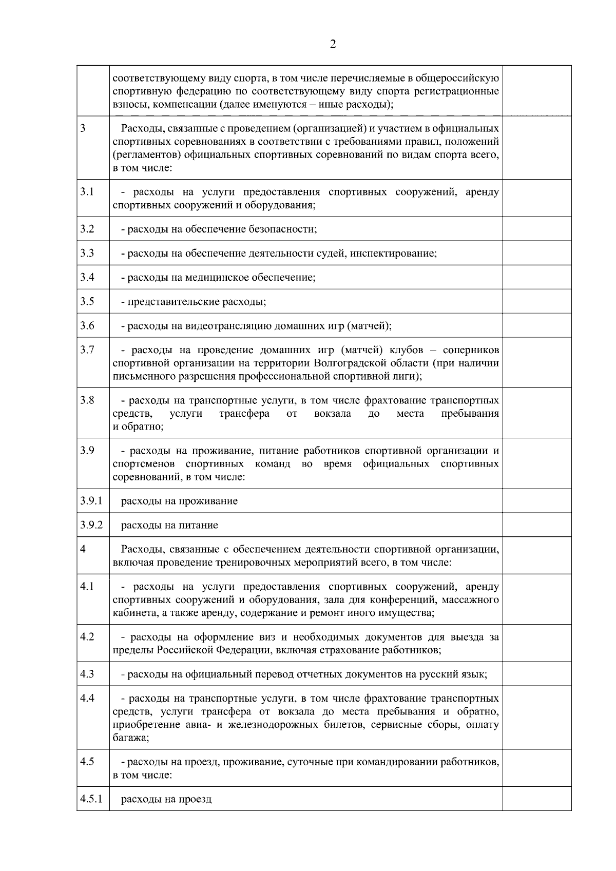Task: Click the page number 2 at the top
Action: [333, 45]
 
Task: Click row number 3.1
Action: [87, 192]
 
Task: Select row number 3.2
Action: [87, 229]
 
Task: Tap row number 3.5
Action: [87, 301]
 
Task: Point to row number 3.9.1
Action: [91, 500]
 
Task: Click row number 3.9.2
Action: [91, 525]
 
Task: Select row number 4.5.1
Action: [91, 799]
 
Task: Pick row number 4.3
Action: [87, 674]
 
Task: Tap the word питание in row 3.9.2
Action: [200, 526]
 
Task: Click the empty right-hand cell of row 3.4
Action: [536, 277]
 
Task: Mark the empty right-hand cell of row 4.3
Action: [536, 674]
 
